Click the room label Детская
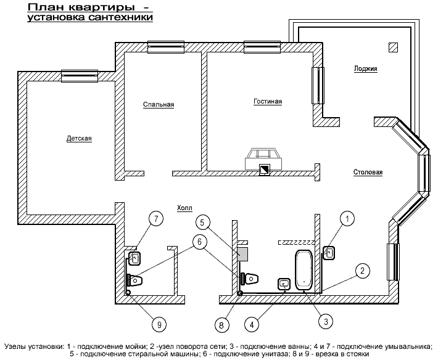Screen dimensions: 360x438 [79, 139]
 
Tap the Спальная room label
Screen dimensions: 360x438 [159, 105]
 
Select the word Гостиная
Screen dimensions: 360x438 [268, 101]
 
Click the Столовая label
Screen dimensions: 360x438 [368, 173]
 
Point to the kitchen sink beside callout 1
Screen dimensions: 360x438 [329, 252]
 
